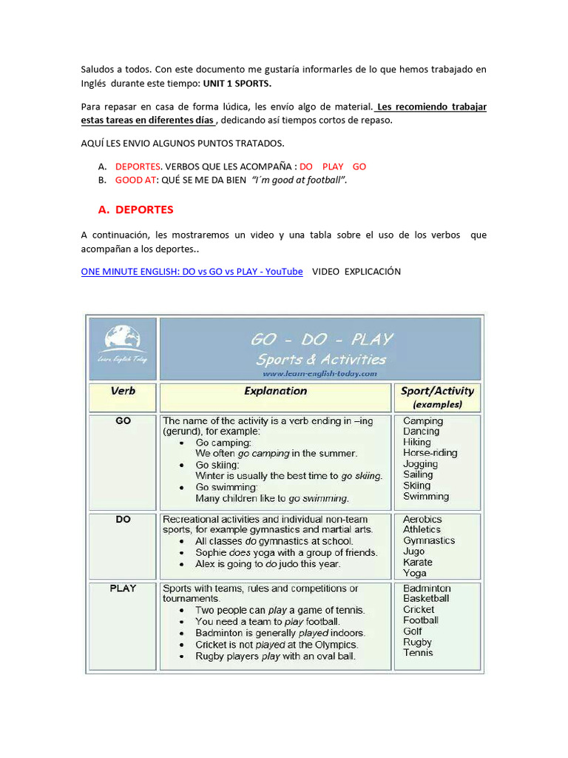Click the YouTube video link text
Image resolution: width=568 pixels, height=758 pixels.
(192, 272)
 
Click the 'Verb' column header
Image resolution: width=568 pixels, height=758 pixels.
(123, 391)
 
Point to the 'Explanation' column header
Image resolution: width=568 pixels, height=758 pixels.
(275, 391)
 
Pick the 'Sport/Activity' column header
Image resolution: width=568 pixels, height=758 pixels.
(437, 391)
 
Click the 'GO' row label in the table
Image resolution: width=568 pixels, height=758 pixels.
(123, 420)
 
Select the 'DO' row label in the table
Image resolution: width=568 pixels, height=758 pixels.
(123, 520)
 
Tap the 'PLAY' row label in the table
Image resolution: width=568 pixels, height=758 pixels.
(123, 588)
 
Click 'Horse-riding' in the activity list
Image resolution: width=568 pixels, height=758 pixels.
(430, 452)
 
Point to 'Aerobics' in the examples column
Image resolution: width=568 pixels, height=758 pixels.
(422, 519)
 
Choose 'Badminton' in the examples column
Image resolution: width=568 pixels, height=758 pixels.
(427, 588)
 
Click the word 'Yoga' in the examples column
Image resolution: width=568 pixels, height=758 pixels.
(415, 573)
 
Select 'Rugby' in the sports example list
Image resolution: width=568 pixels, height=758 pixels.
(417, 642)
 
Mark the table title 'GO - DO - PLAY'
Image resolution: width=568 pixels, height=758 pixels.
(321, 340)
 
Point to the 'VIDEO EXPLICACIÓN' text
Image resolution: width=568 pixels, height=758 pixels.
(356, 272)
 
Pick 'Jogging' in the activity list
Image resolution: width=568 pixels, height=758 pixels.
(420, 463)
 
